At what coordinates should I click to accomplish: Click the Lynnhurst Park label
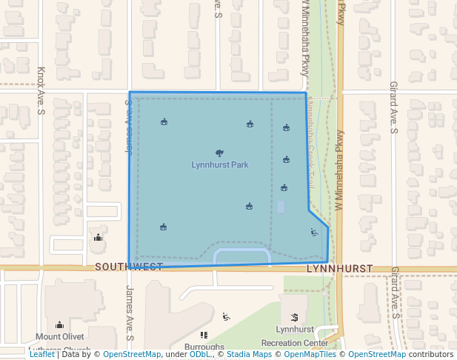point(220,164)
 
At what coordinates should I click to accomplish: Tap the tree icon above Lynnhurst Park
point(219,153)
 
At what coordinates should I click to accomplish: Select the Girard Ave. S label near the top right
point(393,107)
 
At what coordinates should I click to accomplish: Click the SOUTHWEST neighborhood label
point(128,267)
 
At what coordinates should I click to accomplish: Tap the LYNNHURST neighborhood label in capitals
point(338,267)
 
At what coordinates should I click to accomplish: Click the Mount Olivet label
point(60,337)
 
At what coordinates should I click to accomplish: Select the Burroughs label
point(204,347)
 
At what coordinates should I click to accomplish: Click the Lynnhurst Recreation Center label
point(295,336)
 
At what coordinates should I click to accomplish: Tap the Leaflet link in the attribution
point(41,354)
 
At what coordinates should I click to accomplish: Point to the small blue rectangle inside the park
point(280,207)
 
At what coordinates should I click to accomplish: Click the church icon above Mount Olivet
point(59,324)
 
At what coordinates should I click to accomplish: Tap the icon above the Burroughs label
point(204,336)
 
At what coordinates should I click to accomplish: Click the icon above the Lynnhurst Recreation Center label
point(294,316)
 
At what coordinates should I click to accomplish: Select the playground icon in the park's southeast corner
point(314,233)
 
